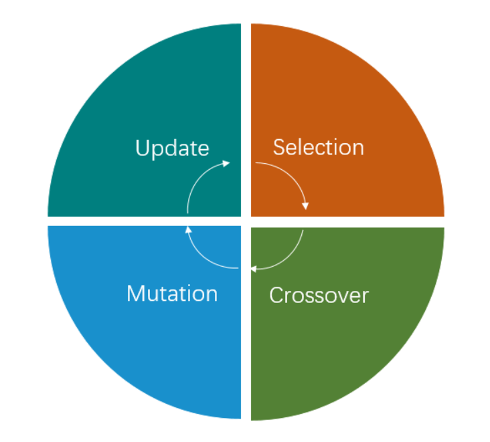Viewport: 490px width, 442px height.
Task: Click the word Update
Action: (172, 148)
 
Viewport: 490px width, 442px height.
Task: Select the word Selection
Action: (319, 147)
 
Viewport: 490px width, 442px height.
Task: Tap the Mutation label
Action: (172, 294)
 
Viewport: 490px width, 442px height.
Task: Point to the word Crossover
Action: (319, 296)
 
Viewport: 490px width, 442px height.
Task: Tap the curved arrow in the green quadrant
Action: (287, 259)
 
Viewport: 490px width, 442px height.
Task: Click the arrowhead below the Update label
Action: (226, 163)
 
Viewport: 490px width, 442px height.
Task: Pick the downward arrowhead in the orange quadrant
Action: (305, 206)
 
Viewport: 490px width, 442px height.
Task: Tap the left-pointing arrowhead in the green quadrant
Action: (254, 269)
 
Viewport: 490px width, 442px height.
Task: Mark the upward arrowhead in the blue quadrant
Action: (188, 229)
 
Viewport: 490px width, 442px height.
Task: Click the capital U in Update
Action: (141, 147)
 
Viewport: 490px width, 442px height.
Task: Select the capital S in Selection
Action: (279, 147)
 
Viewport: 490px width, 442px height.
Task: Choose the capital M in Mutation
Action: (135, 294)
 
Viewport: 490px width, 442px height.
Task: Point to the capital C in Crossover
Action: (276, 296)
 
